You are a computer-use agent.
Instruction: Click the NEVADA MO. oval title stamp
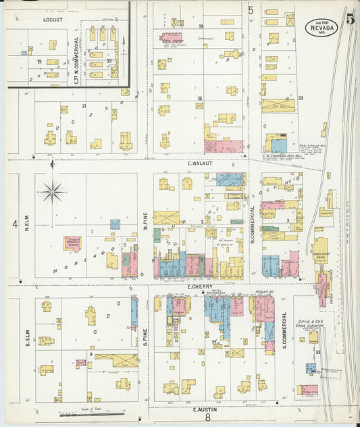coord(321,27)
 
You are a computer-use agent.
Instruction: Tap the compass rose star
coord(52,192)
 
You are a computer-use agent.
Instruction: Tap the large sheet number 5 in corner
coord(350,19)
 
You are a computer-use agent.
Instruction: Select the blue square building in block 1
coord(115,224)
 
